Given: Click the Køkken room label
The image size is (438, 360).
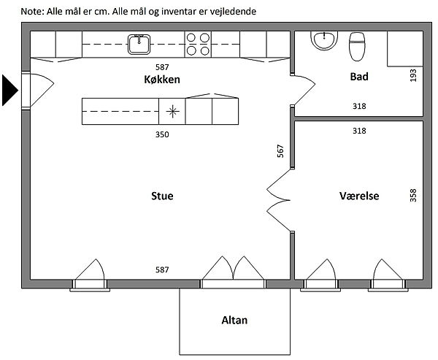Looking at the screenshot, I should (162, 79).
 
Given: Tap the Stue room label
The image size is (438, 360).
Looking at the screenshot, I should (162, 196).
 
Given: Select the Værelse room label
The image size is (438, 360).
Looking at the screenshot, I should (358, 196).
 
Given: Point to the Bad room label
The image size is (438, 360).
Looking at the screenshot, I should (358, 76).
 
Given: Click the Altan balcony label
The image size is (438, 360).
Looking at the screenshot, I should (236, 320).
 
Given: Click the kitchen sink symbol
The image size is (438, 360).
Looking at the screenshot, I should (139, 45).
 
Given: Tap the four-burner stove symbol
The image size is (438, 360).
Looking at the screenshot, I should (198, 45).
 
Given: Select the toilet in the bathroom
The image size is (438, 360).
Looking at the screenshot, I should (357, 46).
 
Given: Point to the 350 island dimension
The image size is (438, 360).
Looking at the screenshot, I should (162, 134).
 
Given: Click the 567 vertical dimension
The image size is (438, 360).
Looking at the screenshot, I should (280, 151).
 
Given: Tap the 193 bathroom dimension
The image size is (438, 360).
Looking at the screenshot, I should (413, 74).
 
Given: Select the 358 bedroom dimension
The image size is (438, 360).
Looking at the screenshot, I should (413, 196).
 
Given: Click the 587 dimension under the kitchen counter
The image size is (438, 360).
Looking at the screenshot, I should (162, 66).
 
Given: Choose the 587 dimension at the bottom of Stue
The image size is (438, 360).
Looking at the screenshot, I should (162, 269).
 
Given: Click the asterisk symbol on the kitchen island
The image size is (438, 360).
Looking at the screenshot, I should (172, 112).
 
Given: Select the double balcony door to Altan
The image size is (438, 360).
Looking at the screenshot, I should (233, 271).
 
